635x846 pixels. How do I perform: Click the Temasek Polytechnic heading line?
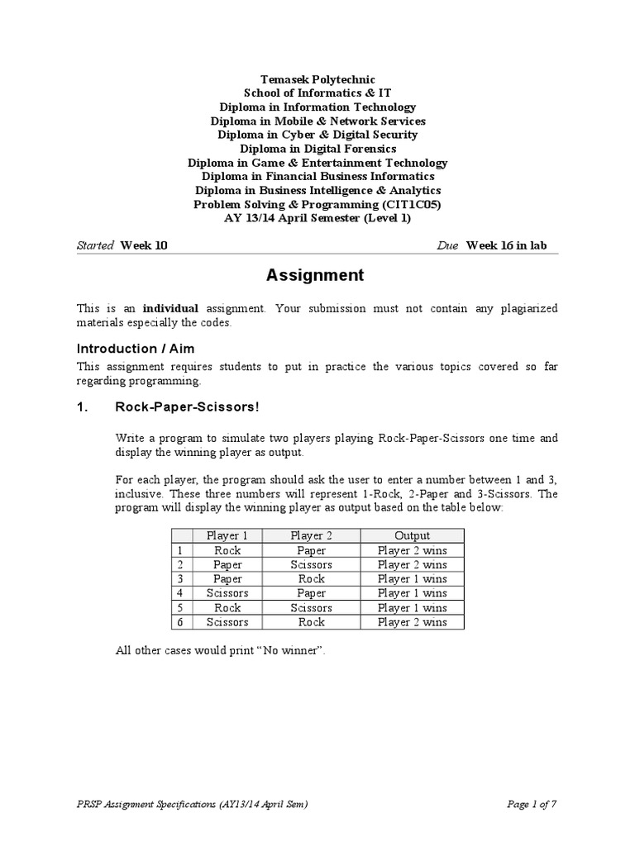click(x=317, y=78)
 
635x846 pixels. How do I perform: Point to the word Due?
click(x=447, y=245)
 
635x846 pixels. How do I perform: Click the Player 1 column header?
click(x=227, y=536)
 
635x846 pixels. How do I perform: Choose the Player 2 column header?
click(x=311, y=536)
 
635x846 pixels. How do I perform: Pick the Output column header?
click(x=412, y=536)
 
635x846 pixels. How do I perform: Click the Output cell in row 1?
click(x=412, y=550)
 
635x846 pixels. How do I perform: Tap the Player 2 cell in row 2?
click(x=311, y=565)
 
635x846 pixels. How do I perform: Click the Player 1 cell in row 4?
click(x=227, y=593)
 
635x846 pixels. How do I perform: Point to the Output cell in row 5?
click(x=412, y=608)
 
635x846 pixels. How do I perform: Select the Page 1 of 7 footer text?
click(x=532, y=805)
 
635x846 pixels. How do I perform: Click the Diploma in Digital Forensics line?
click(x=317, y=149)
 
